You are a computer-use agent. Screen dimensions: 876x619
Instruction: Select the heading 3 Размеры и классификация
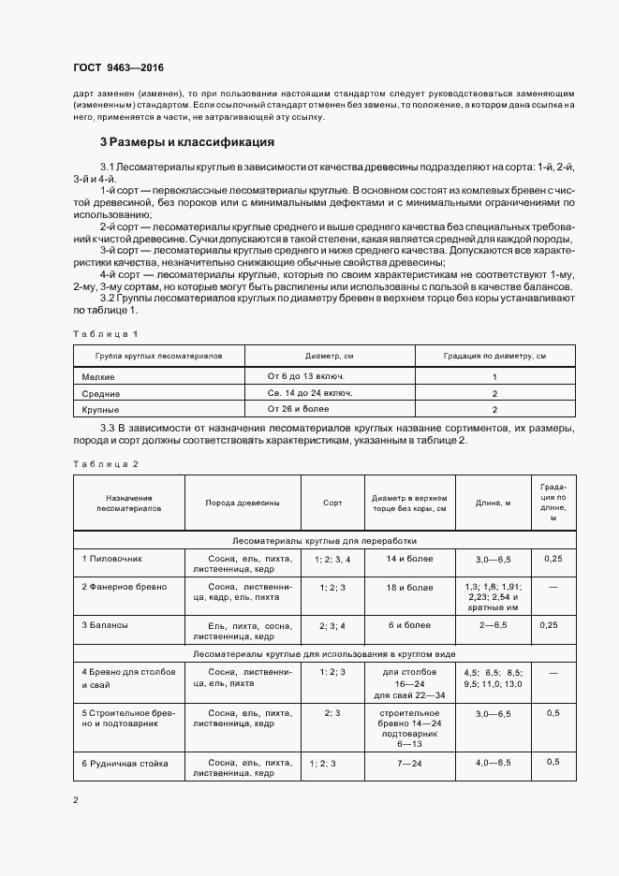[x=186, y=142]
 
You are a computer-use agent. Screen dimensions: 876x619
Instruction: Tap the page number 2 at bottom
[x=76, y=800]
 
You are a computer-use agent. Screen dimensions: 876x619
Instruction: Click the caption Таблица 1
[x=105, y=333]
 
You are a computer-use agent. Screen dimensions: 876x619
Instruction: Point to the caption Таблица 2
[x=105, y=464]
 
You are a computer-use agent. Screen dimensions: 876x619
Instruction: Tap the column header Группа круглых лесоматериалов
[x=159, y=356]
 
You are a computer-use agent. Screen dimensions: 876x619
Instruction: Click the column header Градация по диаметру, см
[x=494, y=356]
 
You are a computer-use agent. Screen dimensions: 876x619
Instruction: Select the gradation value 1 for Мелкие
[x=494, y=375]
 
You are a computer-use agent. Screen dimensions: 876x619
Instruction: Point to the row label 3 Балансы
[x=104, y=623]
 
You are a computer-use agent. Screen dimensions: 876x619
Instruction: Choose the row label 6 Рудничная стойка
[x=125, y=763]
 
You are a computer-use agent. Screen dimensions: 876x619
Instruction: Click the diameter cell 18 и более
[x=409, y=587]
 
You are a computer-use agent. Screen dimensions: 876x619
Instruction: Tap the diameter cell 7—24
[x=409, y=763]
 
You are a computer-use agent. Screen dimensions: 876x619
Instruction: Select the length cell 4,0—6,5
[x=493, y=763]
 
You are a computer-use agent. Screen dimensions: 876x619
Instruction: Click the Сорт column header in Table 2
[x=332, y=503]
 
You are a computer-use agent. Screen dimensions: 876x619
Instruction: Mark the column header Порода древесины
[x=243, y=503]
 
